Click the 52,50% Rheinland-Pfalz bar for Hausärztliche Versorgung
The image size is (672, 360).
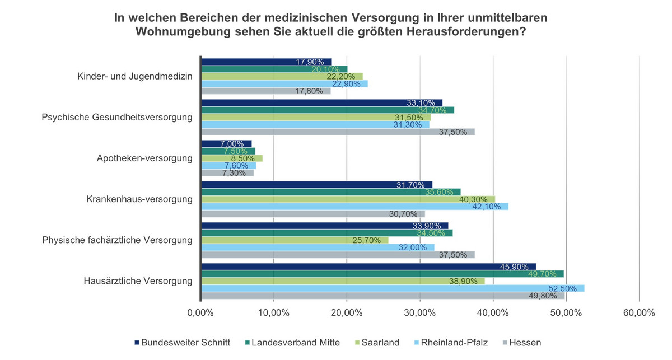392,288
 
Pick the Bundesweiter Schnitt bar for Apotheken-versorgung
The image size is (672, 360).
226,144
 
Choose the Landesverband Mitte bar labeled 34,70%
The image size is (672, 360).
327,110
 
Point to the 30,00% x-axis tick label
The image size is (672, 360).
419,314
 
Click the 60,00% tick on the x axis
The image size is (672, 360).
639,314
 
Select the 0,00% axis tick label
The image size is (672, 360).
200,314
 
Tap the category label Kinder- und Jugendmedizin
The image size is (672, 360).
135,77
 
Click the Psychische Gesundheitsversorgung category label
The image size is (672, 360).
118,118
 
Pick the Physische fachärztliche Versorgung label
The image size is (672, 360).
118,240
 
